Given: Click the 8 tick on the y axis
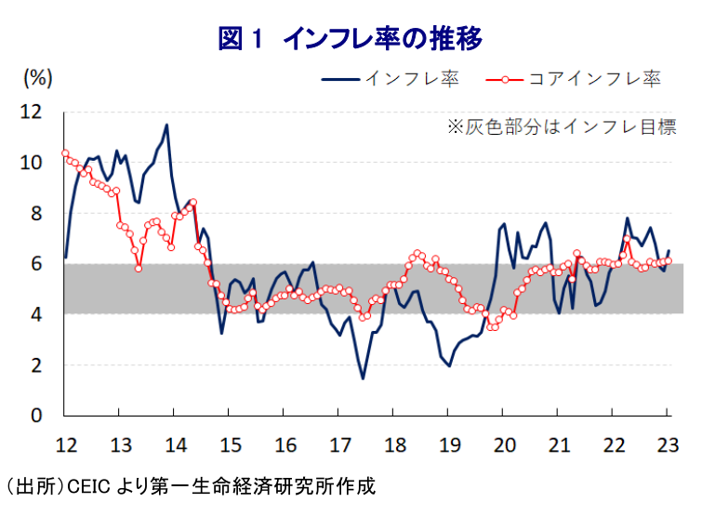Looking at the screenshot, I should click(x=36, y=213).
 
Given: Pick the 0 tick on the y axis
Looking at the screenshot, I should click(x=36, y=416).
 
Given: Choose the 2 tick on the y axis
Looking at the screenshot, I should click(x=36, y=365).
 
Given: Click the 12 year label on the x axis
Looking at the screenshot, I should click(x=65, y=443).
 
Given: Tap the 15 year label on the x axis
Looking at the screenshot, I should click(x=230, y=443).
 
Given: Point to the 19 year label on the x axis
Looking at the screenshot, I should click(x=449, y=443).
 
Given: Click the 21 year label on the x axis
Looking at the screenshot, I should click(x=559, y=443).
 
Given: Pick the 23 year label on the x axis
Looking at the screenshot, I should click(x=669, y=443).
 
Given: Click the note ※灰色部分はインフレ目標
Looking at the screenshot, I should click(x=562, y=126).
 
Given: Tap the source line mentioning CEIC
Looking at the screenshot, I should click(x=191, y=486).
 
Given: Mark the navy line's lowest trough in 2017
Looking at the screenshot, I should click(x=363, y=378).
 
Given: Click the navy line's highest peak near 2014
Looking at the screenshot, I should click(x=166, y=125).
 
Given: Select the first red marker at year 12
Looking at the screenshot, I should click(x=65, y=153).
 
